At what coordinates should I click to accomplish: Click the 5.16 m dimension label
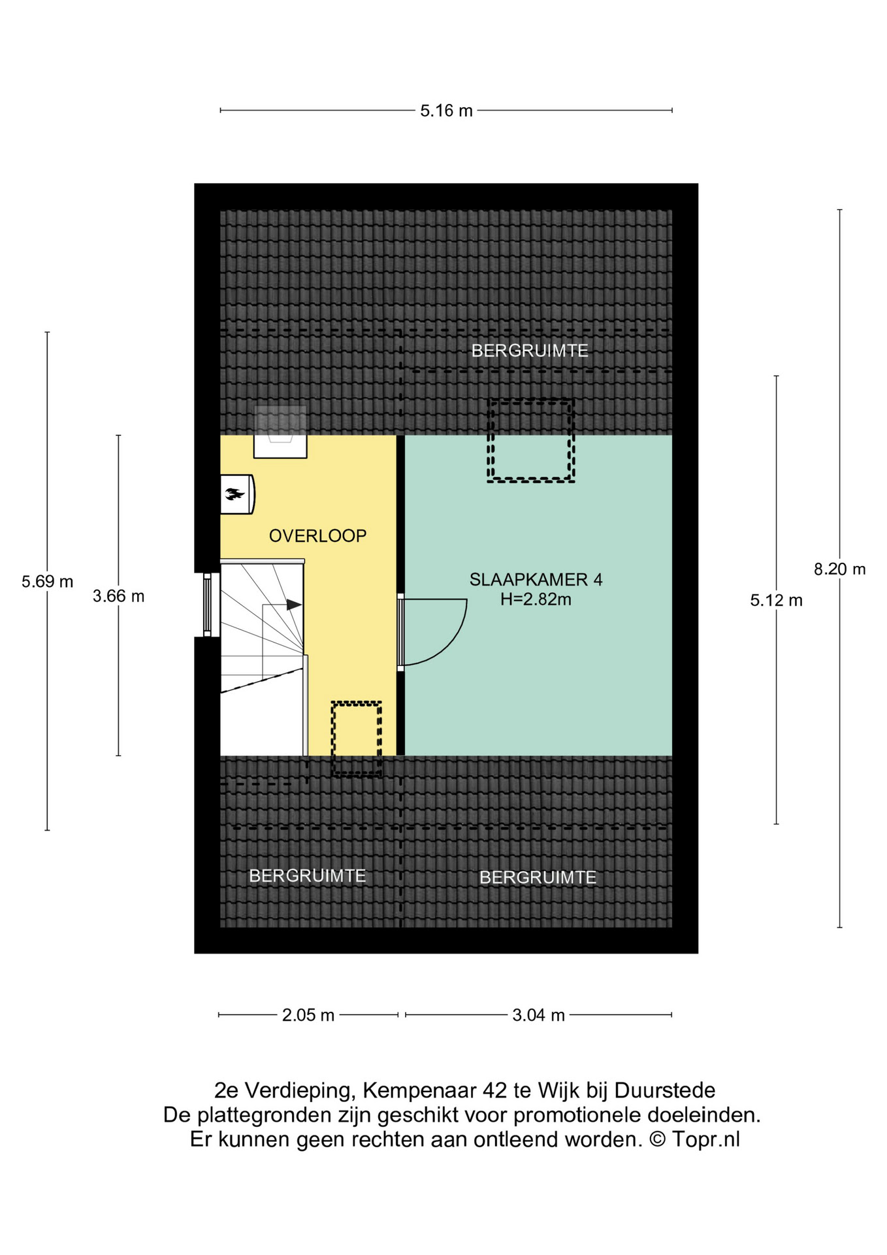[x=446, y=111]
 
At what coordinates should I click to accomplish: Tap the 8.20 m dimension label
[x=839, y=569]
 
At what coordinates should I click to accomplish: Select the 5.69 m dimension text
[x=47, y=582]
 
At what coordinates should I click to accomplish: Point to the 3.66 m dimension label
[x=118, y=596]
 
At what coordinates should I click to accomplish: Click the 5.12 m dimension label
[x=776, y=600]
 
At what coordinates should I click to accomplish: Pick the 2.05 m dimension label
[x=308, y=1015]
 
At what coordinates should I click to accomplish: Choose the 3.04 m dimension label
[x=538, y=1015]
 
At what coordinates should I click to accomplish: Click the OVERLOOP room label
[x=318, y=536]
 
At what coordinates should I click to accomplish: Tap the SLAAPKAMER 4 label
[x=536, y=579]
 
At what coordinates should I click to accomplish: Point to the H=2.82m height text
[x=536, y=599]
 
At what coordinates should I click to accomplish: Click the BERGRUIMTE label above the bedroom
[x=530, y=351]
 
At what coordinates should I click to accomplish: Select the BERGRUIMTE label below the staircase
[x=308, y=876]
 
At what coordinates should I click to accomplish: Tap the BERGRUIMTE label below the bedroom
[x=538, y=877]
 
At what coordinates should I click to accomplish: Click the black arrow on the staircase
[x=294, y=605]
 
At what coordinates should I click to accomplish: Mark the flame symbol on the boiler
[x=234, y=494]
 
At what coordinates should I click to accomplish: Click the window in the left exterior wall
[x=207, y=605]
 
